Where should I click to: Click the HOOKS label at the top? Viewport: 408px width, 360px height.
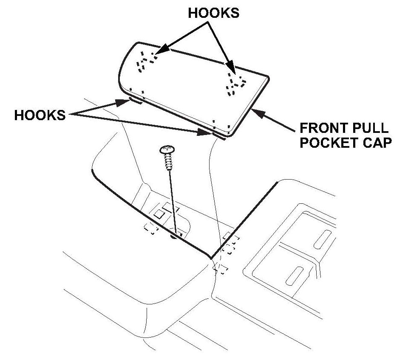click(214, 13)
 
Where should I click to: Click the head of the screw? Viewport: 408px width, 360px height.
click(167, 149)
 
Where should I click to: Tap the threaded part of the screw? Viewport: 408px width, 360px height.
click(167, 162)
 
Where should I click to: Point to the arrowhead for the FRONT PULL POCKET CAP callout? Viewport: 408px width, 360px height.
click(254, 110)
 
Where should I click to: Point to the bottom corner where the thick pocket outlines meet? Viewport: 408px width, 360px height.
click(210, 258)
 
